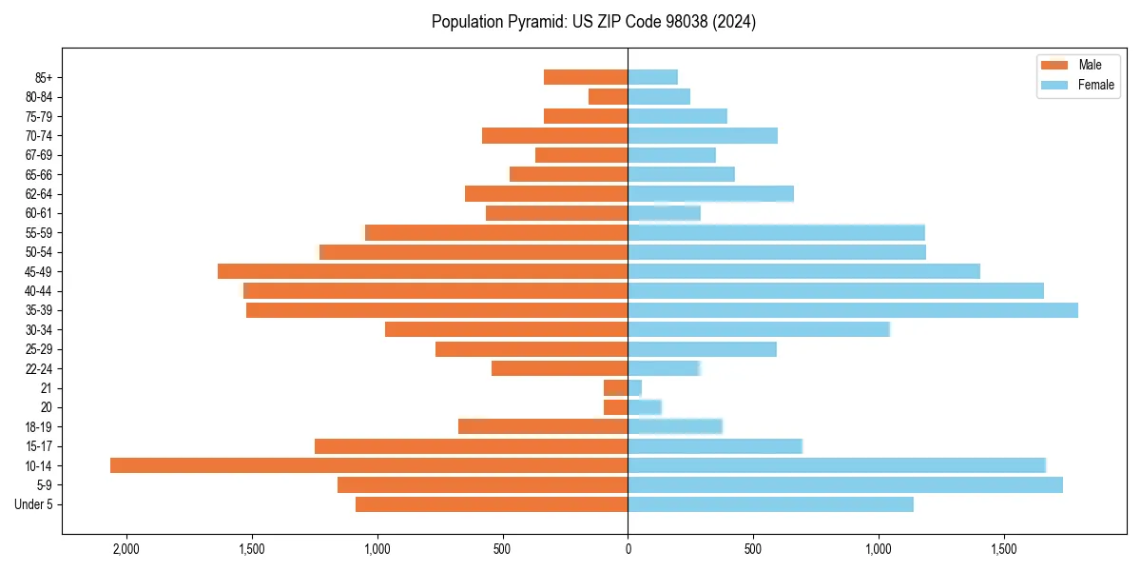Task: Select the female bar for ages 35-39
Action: [x=853, y=310]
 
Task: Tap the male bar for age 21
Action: [x=616, y=388]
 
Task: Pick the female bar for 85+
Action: [x=653, y=77]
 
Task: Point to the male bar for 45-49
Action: [x=423, y=271]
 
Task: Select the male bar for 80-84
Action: [x=609, y=96]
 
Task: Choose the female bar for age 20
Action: [x=645, y=407]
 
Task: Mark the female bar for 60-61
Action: [x=664, y=213]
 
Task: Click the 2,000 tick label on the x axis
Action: [x=126, y=548]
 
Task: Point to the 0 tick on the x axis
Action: [x=628, y=548]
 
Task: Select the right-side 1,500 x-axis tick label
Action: [x=1004, y=548]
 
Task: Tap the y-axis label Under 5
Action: [x=33, y=504]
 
